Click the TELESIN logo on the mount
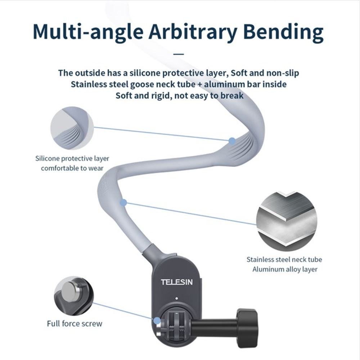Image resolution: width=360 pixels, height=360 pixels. click(x=176, y=282)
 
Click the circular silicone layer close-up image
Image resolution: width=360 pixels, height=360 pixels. click(x=72, y=128)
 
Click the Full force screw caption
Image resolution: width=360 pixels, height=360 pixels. click(x=75, y=324)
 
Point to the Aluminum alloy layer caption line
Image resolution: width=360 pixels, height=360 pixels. click(x=285, y=269)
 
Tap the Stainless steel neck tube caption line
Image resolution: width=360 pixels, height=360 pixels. click(x=284, y=259)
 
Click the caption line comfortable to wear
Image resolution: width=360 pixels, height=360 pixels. click(x=72, y=168)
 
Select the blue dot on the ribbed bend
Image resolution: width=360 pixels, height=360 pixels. click(x=232, y=141)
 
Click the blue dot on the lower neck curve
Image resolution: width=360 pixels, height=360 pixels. click(x=123, y=203)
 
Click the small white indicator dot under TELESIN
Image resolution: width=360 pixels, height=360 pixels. click(x=176, y=298)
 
